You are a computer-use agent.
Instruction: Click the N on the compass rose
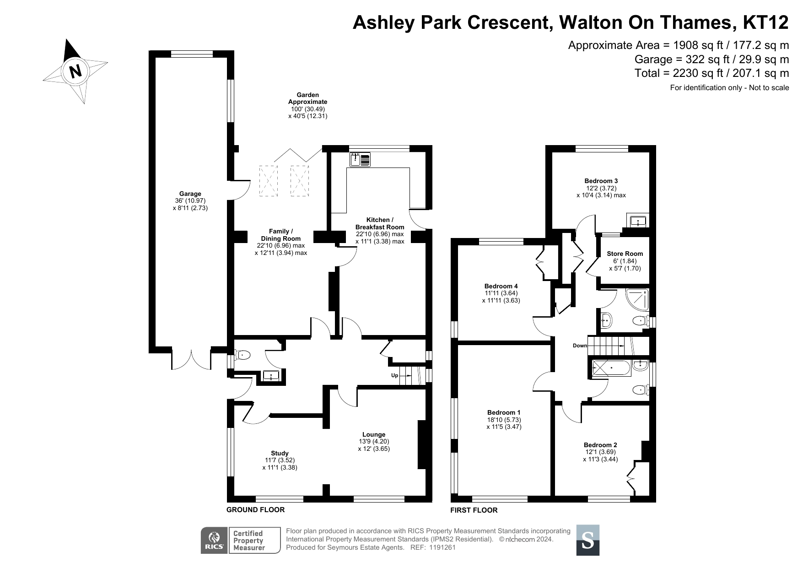75,71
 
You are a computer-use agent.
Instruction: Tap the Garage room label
190,194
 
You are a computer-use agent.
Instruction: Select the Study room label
280,453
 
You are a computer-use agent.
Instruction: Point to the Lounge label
374,434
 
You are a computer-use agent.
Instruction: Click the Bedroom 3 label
601,181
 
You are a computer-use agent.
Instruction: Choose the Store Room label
625,254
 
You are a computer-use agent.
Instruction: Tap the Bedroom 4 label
501,286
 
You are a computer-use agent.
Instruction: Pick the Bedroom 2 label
600,445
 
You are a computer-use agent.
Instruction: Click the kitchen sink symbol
361,160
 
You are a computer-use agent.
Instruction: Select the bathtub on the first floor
611,368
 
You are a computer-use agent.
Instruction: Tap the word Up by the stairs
394,375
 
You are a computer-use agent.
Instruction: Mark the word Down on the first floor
580,346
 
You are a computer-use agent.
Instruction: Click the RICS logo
215,541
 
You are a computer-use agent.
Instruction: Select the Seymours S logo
587,540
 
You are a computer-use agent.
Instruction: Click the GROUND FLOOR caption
256,510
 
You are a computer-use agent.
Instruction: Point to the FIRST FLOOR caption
474,510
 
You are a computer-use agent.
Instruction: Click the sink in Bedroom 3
638,222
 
